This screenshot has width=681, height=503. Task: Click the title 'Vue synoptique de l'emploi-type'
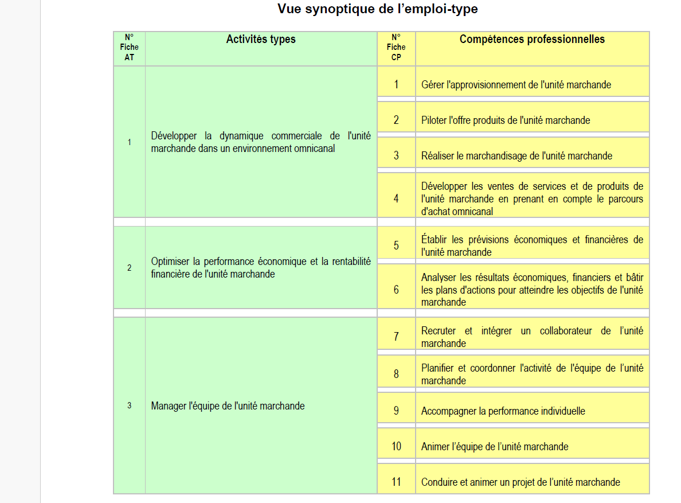377,9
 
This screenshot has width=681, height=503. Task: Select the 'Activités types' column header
261,40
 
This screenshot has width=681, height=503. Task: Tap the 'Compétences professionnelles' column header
532,40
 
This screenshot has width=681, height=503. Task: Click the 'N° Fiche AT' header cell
129,48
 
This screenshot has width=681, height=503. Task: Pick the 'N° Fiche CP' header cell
396,48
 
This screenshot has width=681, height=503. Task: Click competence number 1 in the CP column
396,85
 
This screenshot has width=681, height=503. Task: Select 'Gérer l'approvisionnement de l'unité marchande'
516,85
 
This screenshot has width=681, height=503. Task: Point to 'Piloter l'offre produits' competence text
505,120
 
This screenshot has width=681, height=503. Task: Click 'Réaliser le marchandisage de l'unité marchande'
516,156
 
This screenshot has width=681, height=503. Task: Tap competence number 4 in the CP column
396,199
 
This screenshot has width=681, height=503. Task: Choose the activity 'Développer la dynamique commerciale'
261,142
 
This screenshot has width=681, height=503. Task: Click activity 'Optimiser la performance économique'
261,268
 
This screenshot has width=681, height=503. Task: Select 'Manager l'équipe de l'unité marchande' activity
228,406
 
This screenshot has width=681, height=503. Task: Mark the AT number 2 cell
129,268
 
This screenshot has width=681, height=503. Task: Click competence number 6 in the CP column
396,290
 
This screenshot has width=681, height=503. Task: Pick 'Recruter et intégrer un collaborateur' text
532,337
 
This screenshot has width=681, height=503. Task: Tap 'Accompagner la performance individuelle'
503,411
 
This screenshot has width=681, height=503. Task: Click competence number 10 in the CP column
396,446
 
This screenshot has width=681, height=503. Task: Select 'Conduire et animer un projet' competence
520,482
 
